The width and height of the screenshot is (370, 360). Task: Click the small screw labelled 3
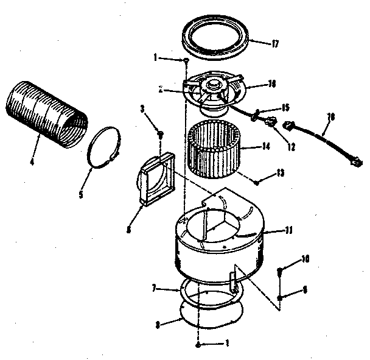pos(160,133)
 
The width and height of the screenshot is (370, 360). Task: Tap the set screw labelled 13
pos(258,181)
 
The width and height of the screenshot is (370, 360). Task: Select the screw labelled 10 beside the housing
pos(281,269)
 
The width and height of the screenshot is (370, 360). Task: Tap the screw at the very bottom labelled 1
pos(199,345)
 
